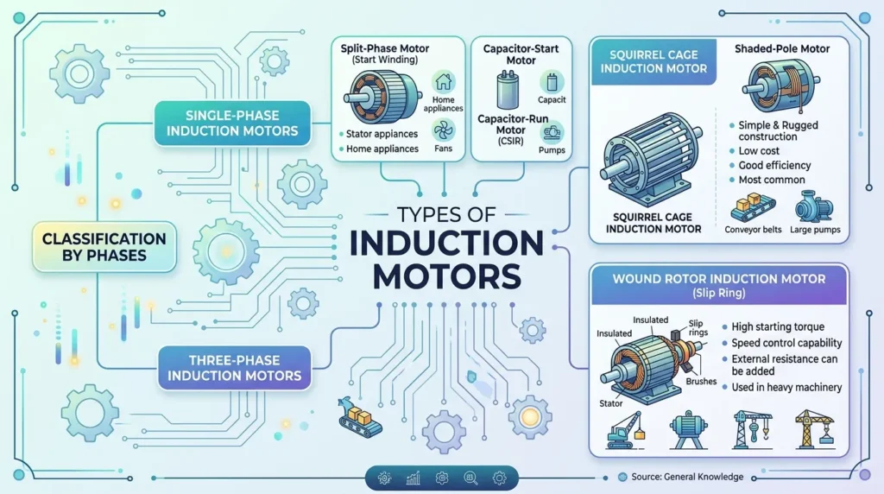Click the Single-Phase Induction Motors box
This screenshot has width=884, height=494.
232,123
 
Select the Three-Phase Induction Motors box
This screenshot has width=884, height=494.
234,368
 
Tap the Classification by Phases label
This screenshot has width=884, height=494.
104,247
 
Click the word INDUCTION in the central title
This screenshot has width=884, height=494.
446,243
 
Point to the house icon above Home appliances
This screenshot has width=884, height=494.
444,82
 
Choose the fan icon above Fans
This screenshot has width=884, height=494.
444,130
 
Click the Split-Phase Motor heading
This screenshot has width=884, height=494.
384,48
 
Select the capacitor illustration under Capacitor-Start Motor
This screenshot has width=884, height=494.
508,90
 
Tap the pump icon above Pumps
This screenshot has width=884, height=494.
552,133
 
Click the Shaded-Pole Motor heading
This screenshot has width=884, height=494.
782,49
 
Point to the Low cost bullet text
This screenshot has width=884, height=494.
759,150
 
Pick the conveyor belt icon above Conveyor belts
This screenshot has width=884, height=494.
752,207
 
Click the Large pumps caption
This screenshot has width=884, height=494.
815,230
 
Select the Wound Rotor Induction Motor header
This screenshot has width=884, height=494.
719,285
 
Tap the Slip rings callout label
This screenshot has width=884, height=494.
698,327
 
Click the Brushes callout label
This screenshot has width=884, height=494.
701,381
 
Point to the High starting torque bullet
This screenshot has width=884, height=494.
778,326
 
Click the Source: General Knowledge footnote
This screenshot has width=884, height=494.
687,477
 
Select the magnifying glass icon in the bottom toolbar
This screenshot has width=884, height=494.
470,478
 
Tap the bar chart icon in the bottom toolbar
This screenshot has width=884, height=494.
414,478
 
